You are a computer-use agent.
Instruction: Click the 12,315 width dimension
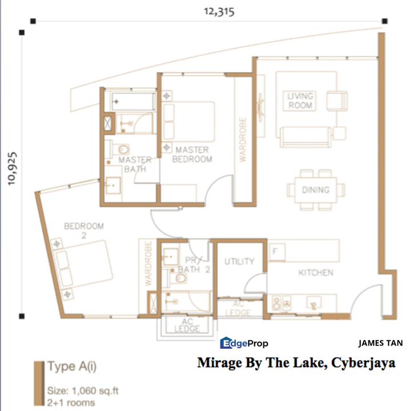click(x=219, y=12)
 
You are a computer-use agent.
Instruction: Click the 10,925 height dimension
click(x=12, y=168)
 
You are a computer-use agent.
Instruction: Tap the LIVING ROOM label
click(x=300, y=100)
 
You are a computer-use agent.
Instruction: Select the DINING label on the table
click(x=316, y=190)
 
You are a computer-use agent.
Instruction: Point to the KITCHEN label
click(x=316, y=273)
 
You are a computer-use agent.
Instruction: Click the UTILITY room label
click(x=239, y=261)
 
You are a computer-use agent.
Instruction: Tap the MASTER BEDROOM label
click(x=192, y=154)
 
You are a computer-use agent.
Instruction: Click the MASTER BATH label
click(x=135, y=164)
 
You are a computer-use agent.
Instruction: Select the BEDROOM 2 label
click(x=84, y=231)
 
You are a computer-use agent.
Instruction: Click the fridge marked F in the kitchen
click(x=277, y=252)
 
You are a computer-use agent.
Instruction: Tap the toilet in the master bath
click(x=121, y=150)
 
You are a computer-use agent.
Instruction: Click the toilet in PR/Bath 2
click(x=178, y=278)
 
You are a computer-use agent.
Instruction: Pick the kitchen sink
click(x=314, y=303)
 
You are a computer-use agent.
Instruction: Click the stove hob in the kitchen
click(x=282, y=303)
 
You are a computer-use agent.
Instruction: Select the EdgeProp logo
click(x=244, y=343)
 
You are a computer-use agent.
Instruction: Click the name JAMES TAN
click(x=380, y=343)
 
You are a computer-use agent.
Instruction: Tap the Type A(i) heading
click(x=72, y=366)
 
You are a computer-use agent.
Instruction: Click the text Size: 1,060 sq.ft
click(x=83, y=391)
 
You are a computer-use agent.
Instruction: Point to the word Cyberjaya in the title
click(x=363, y=363)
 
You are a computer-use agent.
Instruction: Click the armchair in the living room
click(x=337, y=100)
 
